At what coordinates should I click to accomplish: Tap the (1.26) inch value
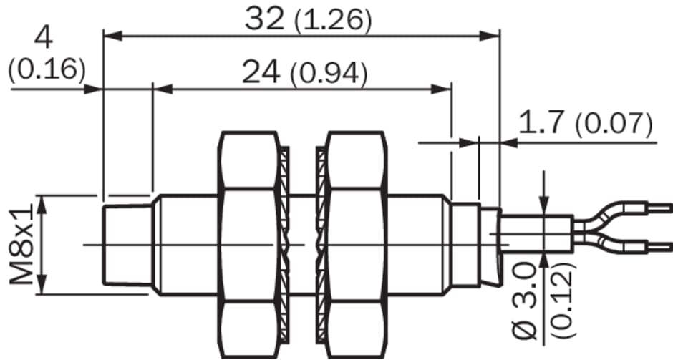(333, 21)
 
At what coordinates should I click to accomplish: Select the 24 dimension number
(261, 72)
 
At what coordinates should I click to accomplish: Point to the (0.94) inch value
(329, 74)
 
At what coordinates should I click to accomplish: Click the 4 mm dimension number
(44, 38)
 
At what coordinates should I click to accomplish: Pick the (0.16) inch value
(47, 69)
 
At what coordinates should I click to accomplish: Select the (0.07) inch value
(614, 124)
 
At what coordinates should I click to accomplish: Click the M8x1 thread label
(21, 245)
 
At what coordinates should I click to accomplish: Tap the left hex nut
(249, 245)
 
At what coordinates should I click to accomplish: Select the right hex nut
(356, 245)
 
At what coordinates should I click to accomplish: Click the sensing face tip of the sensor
(103, 245)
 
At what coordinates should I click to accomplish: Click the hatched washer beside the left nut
(284, 245)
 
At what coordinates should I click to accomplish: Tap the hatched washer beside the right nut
(321, 245)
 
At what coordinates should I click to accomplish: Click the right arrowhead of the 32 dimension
(490, 36)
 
